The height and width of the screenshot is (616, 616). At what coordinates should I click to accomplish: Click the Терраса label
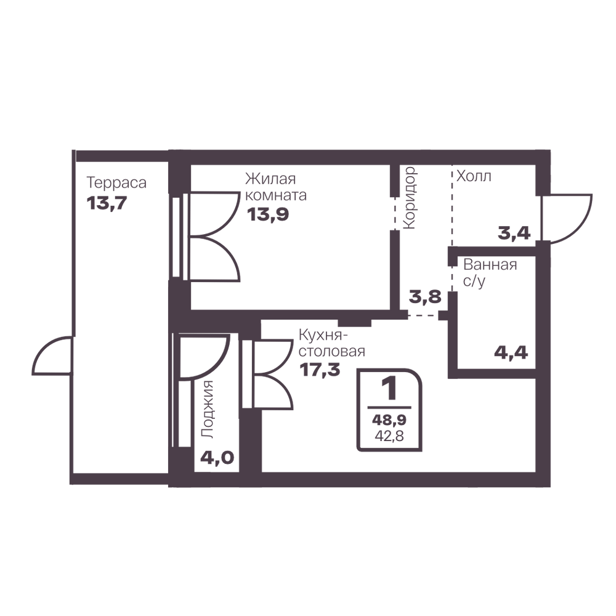click(x=116, y=183)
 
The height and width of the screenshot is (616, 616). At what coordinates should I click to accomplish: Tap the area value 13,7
click(x=107, y=203)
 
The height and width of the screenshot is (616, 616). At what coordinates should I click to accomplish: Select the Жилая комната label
click(x=276, y=187)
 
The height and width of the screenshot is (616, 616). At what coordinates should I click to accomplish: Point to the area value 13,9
click(x=268, y=214)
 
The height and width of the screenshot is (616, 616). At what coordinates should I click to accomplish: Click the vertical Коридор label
click(x=410, y=198)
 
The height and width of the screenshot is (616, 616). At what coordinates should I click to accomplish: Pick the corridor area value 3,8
click(x=425, y=297)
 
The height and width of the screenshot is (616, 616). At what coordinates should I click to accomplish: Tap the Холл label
click(x=474, y=176)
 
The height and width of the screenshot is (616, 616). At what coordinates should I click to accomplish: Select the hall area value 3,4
click(x=514, y=233)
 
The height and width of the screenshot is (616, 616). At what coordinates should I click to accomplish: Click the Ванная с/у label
click(x=490, y=273)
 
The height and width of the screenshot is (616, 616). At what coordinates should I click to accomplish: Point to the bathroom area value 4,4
click(x=511, y=352)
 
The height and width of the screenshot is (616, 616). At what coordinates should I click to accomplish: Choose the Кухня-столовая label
click(x=332, y=343)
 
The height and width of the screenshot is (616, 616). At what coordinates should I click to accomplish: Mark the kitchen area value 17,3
click(x=320, y=370)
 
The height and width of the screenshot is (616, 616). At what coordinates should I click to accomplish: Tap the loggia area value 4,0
click(x=217, y=457)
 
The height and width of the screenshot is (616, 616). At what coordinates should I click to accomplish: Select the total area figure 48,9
click(x=389, y=420)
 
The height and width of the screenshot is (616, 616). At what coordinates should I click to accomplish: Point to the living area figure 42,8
click(x=389, y=436)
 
